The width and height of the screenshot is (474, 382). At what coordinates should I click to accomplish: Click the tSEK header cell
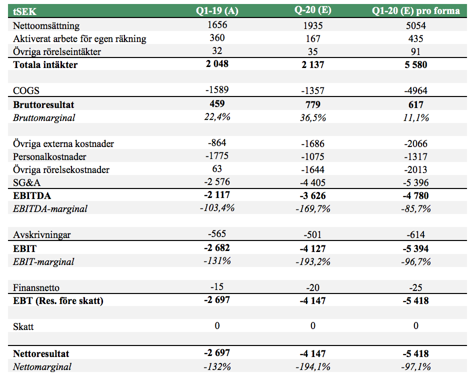click(x=24, y=11)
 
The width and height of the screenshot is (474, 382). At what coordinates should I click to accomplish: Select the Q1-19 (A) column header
click(x=216, y=11)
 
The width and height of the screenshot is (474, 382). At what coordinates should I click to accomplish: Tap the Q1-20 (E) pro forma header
click(x=415, y=11)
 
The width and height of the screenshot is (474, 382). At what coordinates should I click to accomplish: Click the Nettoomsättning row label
click(x=46, y=25)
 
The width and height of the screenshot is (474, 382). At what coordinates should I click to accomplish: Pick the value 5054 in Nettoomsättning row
click(x=415, y=25)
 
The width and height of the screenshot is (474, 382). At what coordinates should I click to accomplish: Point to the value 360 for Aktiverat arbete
click(x=217, y=38)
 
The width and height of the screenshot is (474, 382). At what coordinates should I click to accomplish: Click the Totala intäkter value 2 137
click(x=313, y=64)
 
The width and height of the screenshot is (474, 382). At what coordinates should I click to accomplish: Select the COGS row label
click(x=26, y=90)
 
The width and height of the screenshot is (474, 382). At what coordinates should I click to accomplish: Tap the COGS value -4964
click(x=415, y=90)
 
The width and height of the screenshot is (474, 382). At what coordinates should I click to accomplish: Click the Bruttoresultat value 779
click(x=313, y=104)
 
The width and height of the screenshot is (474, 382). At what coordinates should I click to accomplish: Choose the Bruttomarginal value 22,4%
click(x=217, y=116)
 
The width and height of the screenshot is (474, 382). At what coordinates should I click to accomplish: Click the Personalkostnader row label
click(x=49, y=156)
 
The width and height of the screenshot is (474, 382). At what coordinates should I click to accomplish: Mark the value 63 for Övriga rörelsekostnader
click(x=217, y=168)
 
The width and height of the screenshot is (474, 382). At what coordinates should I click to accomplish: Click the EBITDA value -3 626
click(x=313, y=195)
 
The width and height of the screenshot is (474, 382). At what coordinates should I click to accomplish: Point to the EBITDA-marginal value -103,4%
click(x=217, y=207)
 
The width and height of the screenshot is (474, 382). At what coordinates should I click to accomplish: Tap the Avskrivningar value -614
click(x=415, y=234)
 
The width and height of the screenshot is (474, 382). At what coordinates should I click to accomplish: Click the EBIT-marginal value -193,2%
click(x=313, y=261)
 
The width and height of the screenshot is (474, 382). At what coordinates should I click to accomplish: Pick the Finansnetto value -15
click(x=217, y=286)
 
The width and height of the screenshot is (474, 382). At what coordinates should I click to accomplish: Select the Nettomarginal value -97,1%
click(x=415, y=366)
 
